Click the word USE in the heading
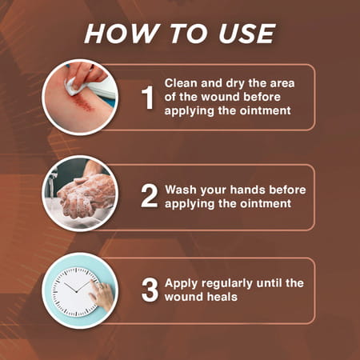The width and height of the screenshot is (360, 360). click(246, 34)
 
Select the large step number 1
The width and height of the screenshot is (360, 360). click(147, 98)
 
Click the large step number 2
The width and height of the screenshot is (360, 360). click(150, 196)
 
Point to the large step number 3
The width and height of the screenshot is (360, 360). click(150, 290)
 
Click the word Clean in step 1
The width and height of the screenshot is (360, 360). click(182, 83)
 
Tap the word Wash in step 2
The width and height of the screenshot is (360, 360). click(181, 190)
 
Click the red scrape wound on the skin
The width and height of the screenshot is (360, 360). click(83, 102)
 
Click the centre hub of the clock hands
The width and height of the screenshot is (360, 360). click(77, 291)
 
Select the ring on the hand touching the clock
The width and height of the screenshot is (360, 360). click(100, 286)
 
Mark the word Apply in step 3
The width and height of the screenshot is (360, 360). click(182, 284)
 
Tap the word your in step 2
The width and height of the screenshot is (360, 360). click(213, 191)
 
